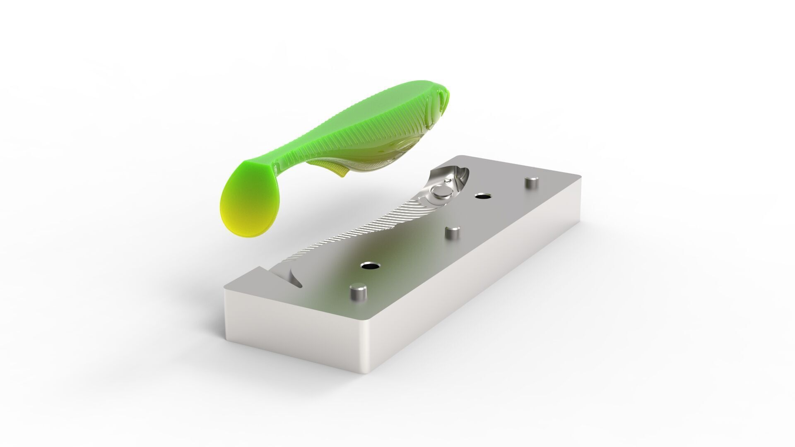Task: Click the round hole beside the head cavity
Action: (x=482, y=196)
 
